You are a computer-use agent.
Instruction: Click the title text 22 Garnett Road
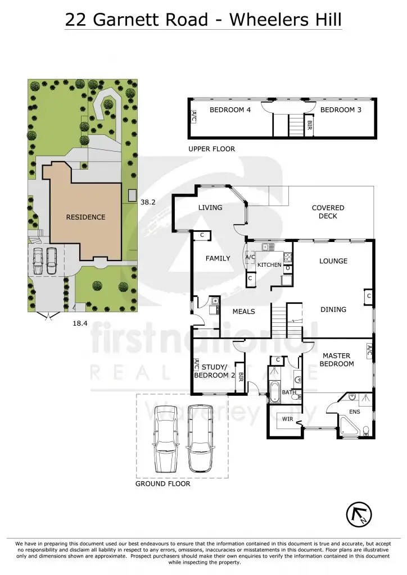point(135,20)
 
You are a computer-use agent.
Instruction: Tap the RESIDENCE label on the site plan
point(85,217)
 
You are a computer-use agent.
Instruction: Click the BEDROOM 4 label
point(230,110)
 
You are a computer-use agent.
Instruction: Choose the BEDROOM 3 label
point(341,110)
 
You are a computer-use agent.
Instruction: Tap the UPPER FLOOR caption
point(212,149)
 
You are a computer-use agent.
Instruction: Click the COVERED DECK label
point(328,212)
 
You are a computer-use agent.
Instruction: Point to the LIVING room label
point(210,208)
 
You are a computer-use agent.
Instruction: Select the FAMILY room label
point(218,259)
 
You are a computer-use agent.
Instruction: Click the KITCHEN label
point(269,264)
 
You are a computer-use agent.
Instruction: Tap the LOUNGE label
point(333,261)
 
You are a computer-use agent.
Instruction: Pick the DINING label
point(333,309)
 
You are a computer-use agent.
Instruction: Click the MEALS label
point(244,312)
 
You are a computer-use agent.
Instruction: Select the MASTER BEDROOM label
point(337,360)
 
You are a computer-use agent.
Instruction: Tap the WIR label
point(288,418)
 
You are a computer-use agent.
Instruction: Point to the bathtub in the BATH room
point(274,392)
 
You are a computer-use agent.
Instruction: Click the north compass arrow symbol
point(359,513)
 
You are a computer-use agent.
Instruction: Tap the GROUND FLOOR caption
point(163,483)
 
